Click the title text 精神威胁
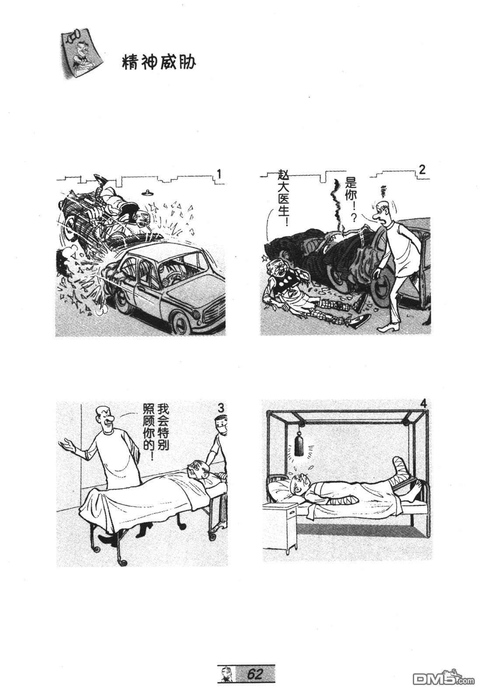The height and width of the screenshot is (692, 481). pos(159,63)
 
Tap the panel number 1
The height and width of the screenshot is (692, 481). pos(219,174)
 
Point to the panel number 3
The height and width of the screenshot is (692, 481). pos(220,409)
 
